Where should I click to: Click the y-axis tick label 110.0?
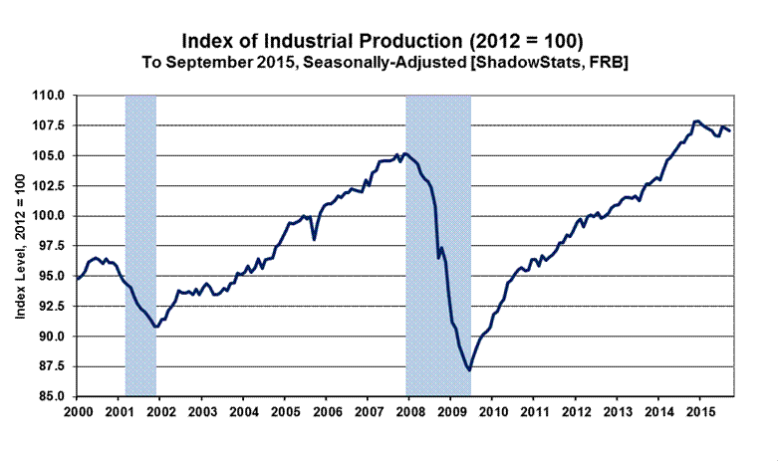tap(52, 96)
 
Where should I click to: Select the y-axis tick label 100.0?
tap(52, 216)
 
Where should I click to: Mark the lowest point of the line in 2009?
tap(469, 370)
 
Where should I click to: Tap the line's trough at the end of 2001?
tap(155, 327)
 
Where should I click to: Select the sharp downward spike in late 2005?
tap(315, 240)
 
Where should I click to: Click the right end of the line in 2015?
tap(729, 130)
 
